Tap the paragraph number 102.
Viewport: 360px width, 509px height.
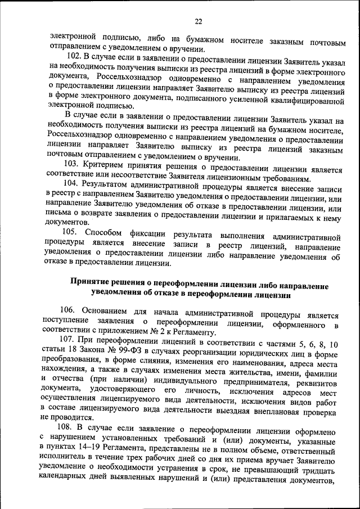point(74,56)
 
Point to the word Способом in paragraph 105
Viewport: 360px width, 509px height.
point(107,232)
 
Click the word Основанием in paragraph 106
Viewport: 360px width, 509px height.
point(108,310)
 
